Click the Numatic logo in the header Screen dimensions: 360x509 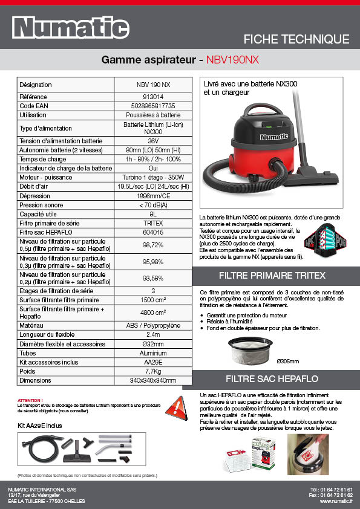[71, 27]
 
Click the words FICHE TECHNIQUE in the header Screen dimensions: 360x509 [296, 39]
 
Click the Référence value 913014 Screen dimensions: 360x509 [153, 97]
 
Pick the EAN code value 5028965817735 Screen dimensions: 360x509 [153, 106]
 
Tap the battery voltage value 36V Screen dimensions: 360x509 [153, 141]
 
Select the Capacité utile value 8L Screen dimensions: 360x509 [153, 214]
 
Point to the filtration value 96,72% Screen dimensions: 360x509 [153, 245]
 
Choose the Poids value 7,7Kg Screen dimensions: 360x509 [153, 371]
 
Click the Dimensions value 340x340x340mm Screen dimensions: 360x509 [153, 380]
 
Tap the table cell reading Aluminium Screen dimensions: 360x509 [153, 353]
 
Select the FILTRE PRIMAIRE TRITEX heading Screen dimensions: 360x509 [276, 275]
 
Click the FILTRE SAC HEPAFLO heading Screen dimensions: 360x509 [276, 379]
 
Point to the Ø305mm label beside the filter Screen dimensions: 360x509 [287, 361]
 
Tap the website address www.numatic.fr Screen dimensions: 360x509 [336, 501]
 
